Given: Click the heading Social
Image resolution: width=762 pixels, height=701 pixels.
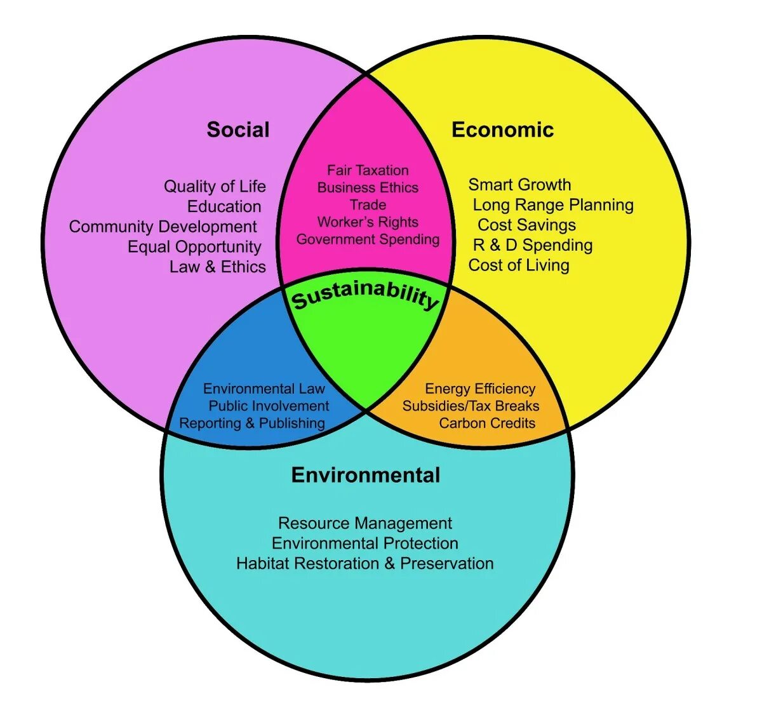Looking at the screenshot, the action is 238,130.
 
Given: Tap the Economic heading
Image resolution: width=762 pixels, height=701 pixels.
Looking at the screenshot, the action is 502,130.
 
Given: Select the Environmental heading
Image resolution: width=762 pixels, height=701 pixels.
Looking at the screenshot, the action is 365,475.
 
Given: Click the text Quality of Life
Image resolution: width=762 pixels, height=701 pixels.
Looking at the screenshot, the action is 215,186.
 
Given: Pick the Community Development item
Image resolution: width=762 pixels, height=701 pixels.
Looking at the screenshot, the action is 163,227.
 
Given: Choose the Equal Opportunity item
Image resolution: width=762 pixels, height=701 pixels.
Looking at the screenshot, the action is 194,246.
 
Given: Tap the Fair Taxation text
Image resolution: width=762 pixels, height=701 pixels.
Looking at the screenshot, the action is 368,170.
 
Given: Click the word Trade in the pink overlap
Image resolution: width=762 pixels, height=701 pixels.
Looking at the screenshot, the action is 368,204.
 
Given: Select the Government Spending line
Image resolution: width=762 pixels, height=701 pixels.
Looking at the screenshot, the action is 368,239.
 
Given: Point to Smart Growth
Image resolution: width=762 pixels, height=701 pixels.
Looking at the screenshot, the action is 519,185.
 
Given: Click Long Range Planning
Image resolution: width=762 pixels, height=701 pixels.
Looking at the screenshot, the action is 553,204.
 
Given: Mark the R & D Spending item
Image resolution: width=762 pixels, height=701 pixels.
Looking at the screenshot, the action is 533,245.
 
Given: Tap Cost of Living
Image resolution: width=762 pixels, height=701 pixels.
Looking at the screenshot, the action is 519,265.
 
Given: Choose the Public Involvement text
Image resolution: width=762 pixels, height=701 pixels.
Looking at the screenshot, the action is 269,406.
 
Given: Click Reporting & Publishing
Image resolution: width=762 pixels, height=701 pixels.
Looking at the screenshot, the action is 252,423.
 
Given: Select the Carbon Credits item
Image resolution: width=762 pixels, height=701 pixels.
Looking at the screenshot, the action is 487,423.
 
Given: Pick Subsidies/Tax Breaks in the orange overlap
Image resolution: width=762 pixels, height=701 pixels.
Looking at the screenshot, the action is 471,406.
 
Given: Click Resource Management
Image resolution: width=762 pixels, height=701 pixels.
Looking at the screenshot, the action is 365,523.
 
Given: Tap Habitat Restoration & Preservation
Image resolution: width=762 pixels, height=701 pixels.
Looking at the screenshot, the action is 364,563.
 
